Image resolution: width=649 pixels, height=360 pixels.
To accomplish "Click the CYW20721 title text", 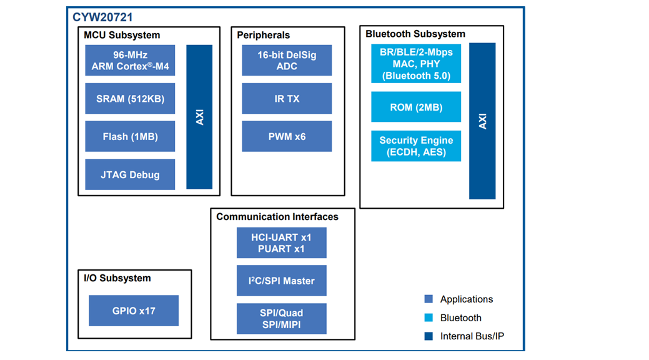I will (102, 17).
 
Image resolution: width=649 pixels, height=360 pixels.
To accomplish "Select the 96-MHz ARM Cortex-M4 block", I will (130, 60).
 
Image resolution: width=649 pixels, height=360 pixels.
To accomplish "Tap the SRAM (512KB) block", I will (130, 99).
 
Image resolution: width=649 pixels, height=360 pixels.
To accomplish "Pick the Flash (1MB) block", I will (130, 136).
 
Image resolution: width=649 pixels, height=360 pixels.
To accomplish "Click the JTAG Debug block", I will (130, 175).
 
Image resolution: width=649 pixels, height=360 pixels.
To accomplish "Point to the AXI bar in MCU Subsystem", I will (199, 117).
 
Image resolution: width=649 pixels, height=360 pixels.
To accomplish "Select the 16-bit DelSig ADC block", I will (287, 60).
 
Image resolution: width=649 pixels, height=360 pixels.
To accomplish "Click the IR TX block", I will (287, 99).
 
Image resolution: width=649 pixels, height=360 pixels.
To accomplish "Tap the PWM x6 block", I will (287, 136).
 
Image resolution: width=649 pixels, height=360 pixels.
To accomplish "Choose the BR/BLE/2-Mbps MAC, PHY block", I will (416, 64).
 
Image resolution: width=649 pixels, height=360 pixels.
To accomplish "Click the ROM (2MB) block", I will (416, 107).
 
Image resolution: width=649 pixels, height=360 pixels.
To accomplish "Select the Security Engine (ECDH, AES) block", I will (416, 146).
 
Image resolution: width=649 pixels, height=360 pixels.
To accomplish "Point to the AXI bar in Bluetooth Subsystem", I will (482, 121).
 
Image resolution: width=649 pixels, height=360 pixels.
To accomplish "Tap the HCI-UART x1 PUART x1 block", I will (281, 242).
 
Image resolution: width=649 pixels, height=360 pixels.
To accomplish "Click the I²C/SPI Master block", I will (281, 281).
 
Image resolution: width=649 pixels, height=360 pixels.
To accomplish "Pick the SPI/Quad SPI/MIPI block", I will (281, 319).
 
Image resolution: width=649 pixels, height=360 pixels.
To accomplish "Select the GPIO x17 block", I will (134, 311).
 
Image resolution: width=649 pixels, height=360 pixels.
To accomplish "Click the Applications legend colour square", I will (429, 299).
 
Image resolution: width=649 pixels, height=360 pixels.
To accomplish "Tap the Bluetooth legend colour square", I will (429, 317).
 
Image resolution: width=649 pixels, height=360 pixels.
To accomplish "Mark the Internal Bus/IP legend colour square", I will (429, 336).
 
